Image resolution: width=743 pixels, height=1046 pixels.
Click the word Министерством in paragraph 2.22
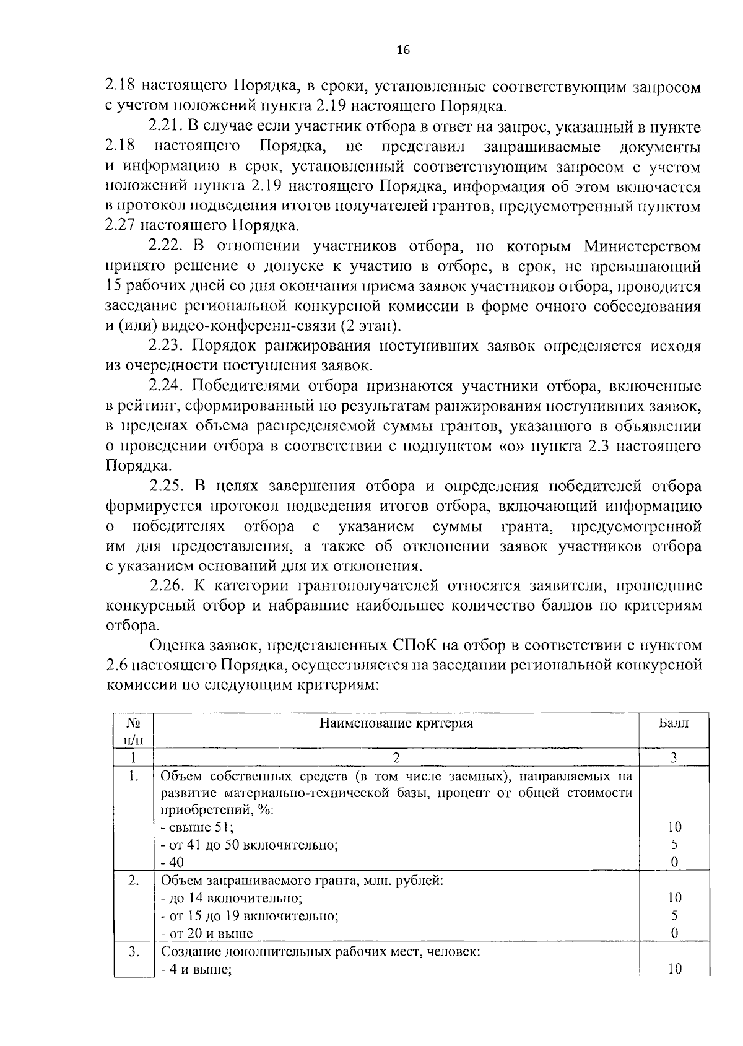click(642, 246)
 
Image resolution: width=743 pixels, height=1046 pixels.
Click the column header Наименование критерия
click(396, 723)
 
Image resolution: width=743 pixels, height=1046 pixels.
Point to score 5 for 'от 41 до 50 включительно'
click(674, 844)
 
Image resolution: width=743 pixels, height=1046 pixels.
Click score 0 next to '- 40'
click(674, 861)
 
